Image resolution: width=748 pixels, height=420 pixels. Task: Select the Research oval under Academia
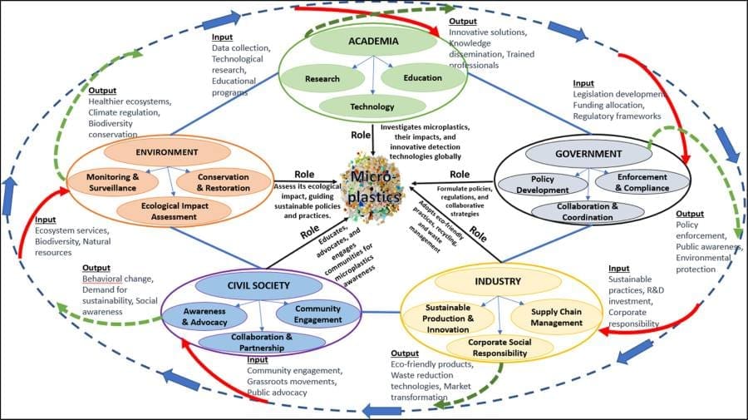[x=322, y=79]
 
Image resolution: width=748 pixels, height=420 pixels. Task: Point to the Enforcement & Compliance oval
[x=642, y=182]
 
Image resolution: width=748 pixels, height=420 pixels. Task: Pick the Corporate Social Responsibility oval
[x=489, y=347]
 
